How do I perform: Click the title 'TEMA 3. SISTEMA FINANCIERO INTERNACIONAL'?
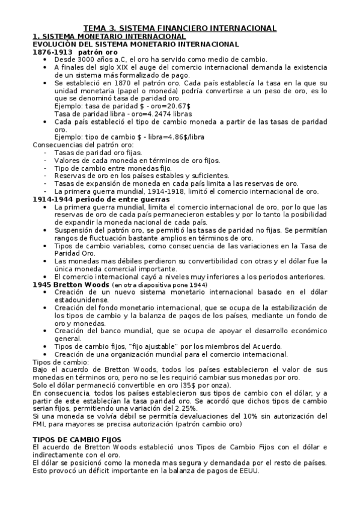(180, 28)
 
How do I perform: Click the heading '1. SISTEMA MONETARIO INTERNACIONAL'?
(100, 37)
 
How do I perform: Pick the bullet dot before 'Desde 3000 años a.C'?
(47, 60)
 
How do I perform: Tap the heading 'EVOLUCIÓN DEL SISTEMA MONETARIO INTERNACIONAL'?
(135, 45)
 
